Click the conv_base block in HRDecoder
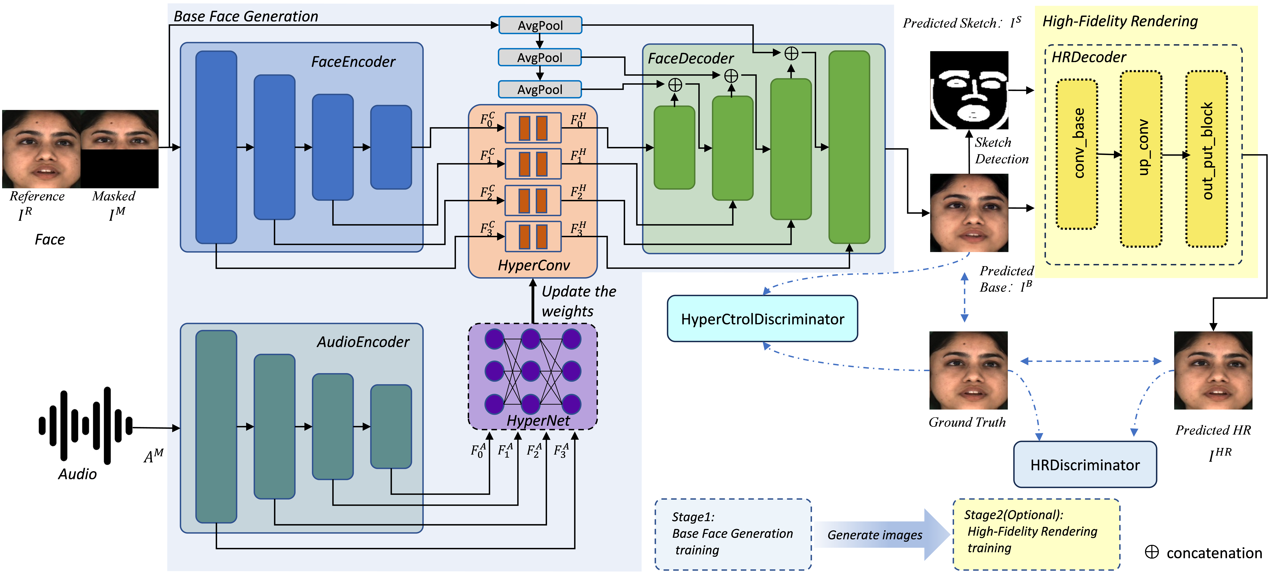(x=1077, y=154)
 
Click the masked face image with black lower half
(x=119, y=149)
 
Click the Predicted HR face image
(x=1213, y=370)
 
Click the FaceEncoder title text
(x=353, y=62)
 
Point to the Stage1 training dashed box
(x=733, y=534)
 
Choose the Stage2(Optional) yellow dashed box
(x=1036, y=534)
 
